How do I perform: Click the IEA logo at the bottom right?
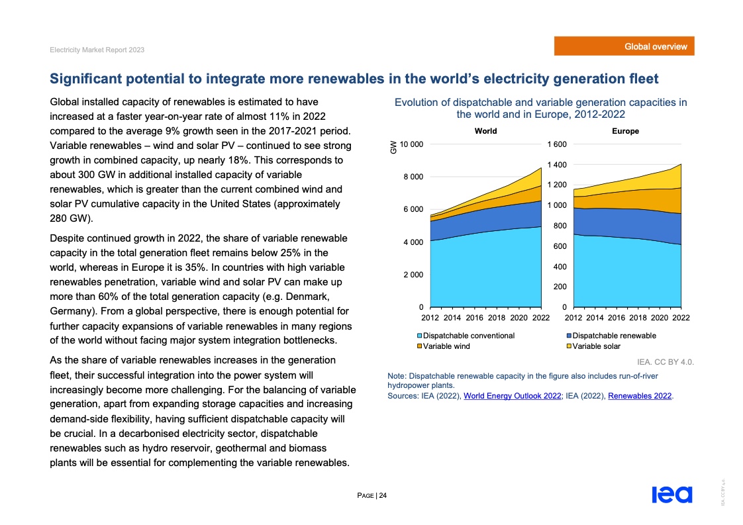[671, 495]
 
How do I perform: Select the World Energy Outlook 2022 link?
[513, 396]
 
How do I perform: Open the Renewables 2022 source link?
[640, 396]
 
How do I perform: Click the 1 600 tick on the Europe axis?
[556, 144]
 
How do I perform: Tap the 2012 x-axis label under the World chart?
[430, 318]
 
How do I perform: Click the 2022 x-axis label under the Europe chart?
[681, 318]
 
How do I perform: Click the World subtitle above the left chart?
[485, 131]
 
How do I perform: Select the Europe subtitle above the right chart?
[626, 131]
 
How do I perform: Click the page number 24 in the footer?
[383, 496]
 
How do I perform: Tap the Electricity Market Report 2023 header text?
[97, 50]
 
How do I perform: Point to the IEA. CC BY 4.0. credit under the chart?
[665, 362]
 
